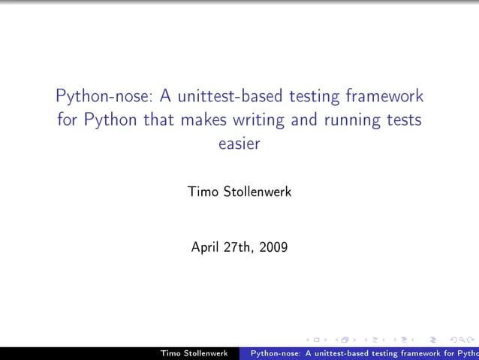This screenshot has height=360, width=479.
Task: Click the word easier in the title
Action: (239, 144)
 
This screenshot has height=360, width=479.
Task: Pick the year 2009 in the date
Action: (273, 246)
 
